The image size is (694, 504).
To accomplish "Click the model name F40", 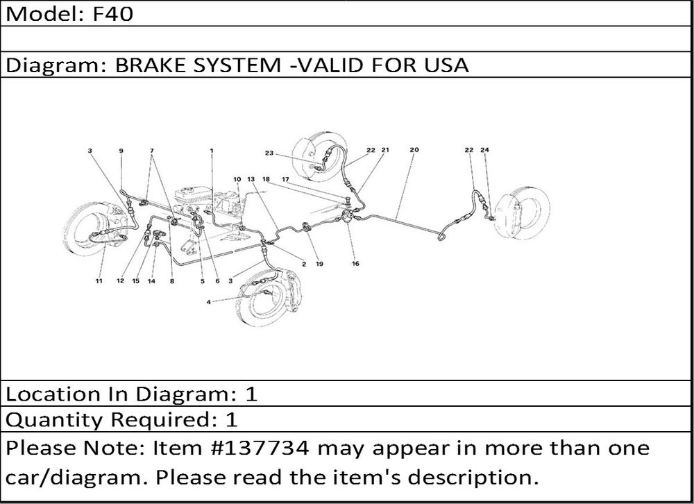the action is pos(112,14).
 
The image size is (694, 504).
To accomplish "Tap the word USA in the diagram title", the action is pos(446,65).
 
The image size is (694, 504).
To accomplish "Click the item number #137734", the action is pos(262,448).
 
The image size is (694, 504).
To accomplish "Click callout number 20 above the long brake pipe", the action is pos(414,150).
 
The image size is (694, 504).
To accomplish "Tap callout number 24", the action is pos(484,150).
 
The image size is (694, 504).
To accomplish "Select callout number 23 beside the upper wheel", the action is pos(269,153).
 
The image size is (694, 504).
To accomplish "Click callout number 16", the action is pos(355,264).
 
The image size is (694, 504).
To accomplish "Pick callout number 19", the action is pos(319,264).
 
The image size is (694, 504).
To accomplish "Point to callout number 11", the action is pos(99,280).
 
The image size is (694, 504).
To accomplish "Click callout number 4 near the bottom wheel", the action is pos(208,302).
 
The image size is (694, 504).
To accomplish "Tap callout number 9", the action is pos(121,151).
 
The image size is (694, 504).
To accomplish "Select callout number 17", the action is pos(285,179).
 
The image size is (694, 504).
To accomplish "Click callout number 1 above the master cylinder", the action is pos(212,151).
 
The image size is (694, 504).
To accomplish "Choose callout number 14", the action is pos(151,280).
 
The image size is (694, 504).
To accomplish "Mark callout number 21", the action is pos(385,150).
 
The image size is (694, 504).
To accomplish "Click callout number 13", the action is pos(251,179).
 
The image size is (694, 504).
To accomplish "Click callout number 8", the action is pos(171,280).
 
